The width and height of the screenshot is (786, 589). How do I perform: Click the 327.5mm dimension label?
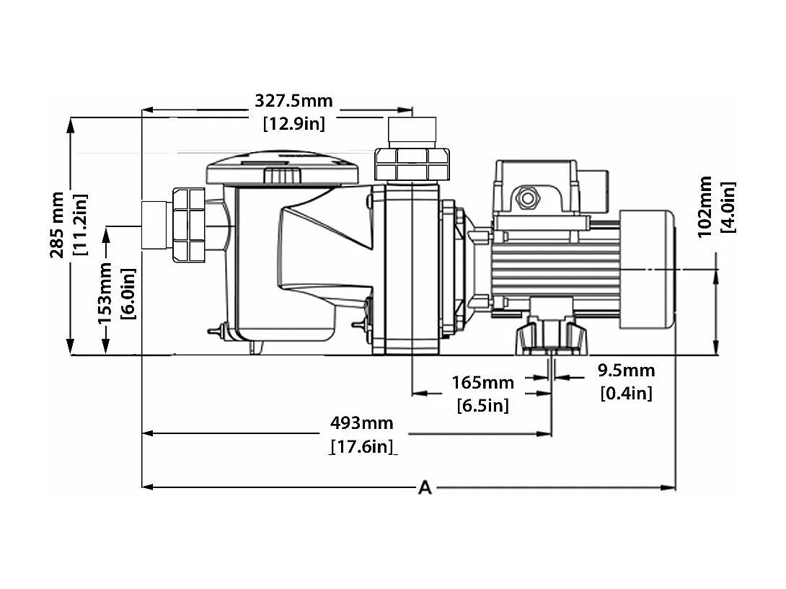coord(293,101)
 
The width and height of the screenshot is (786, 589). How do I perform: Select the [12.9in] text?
coord(293,123)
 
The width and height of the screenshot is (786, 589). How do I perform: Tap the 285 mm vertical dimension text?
coord(57,224)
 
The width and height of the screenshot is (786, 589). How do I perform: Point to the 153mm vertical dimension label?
coord(105,291)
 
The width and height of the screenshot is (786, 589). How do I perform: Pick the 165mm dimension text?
coord(482,382)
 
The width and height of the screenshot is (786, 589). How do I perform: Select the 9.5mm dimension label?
coord(626,371)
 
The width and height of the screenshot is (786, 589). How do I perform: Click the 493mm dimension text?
coord(361,422)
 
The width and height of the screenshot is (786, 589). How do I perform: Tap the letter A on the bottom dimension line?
coord(425,488)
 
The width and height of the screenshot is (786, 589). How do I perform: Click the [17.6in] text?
coord(362,447)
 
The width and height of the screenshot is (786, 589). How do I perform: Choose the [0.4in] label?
coord(626,394)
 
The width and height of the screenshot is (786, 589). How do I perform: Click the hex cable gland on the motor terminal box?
coord(527,198)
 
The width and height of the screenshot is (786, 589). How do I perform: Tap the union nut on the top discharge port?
coord(412,164)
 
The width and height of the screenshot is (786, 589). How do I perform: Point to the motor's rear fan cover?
coord(646,270)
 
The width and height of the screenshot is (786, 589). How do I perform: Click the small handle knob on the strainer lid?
coord(282,175)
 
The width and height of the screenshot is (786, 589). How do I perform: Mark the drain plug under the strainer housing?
coord(255,347)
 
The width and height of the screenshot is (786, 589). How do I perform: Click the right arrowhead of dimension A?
coord(670,487)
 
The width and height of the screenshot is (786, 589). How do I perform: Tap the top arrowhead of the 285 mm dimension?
coord(71,123)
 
